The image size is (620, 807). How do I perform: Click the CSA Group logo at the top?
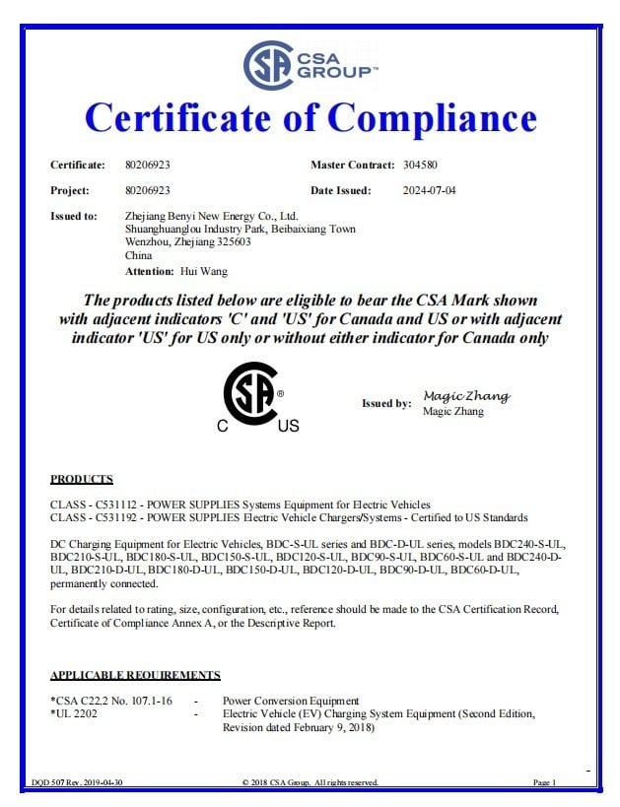309,65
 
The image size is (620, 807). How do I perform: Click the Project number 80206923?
149,190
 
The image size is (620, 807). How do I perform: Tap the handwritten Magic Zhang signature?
465,395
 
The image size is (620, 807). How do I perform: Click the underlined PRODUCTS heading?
82,480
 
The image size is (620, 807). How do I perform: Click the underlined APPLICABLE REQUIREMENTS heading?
135,675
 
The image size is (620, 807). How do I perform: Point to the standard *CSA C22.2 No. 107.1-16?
110,701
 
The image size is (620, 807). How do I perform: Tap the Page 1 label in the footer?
544,782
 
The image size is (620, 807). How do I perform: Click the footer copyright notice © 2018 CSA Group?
310,782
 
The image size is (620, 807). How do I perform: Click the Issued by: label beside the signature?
386,403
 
